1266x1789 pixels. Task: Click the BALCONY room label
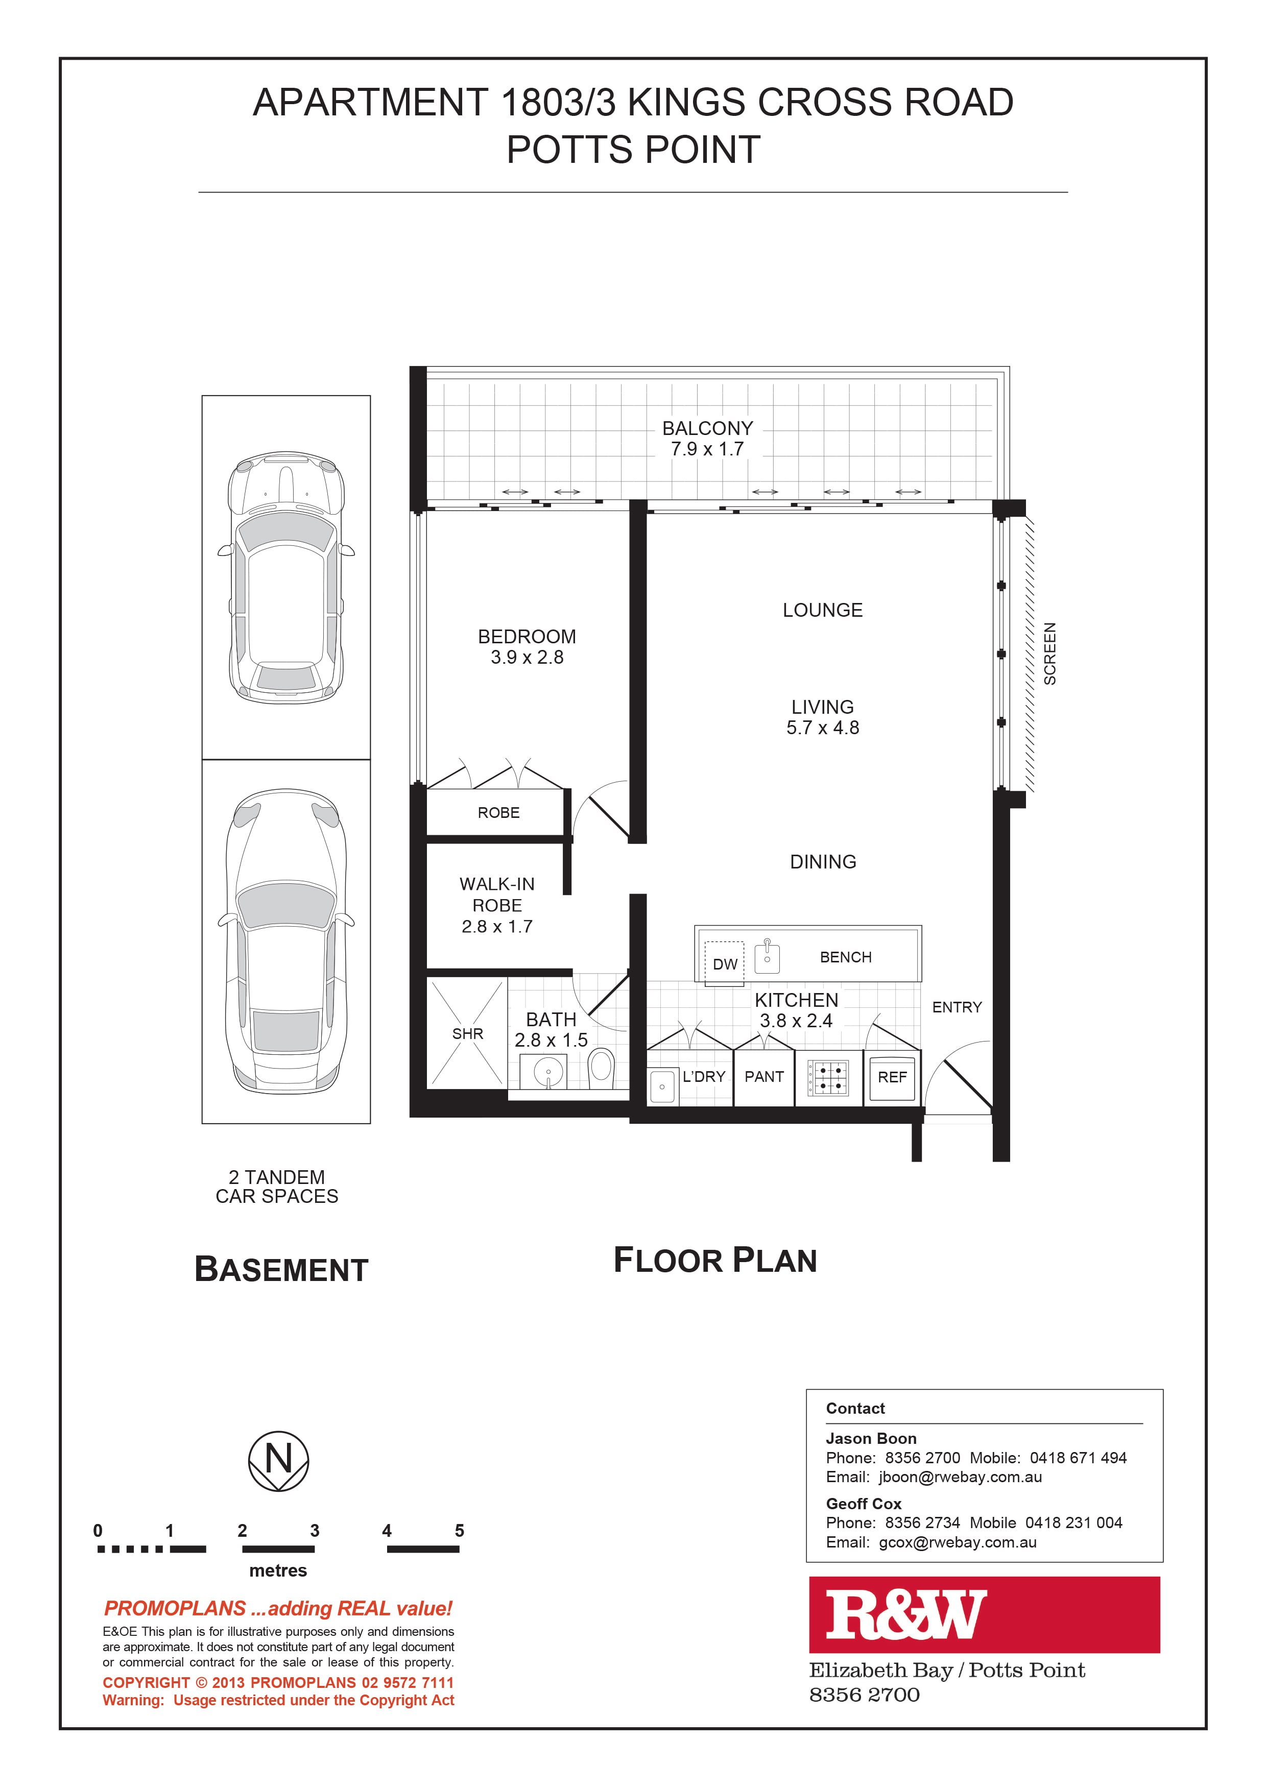[707, 428]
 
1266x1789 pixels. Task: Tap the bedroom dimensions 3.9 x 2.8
[527, 658]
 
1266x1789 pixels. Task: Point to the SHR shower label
[468, 1034]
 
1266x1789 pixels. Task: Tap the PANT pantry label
[764, 1077]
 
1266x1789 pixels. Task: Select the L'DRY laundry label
[704, 1077]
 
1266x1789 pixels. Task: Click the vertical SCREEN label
[1050, 654]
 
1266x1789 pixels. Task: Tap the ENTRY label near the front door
[958, 1007]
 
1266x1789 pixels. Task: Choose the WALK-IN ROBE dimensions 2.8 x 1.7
[497, 927]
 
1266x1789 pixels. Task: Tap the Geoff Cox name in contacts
[864, 1504]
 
